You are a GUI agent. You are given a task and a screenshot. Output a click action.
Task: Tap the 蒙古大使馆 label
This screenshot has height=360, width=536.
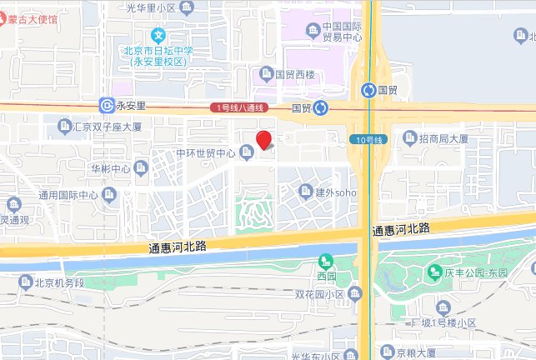(39, 18)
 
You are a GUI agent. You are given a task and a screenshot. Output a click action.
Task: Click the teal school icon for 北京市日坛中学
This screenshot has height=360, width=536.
(159, 37)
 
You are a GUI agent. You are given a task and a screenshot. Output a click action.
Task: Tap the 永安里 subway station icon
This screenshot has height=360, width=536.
(107, 106)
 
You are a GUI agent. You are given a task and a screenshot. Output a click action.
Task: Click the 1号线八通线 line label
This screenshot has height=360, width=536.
(239, 107)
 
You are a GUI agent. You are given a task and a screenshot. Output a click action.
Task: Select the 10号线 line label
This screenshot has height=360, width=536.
(366, 139)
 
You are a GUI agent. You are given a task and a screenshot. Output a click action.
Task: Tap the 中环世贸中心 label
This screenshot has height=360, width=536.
(207, 152)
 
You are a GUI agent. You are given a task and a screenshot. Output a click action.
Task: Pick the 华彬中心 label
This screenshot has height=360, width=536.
(111, 169)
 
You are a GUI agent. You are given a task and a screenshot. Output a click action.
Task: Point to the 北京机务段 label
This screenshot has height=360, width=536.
(59, 282)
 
